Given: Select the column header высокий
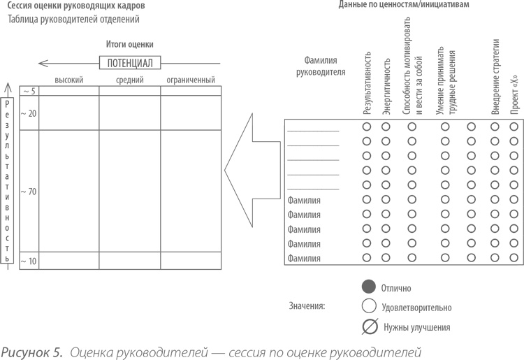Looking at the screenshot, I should tap(68, 80).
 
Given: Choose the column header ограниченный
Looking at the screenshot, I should tap(191, 80).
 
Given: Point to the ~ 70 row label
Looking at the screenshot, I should tap(29, 191).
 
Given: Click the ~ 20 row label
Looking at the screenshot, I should tap(29, 113).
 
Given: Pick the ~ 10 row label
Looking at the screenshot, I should tap(29, 261).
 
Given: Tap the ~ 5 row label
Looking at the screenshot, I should tap(29, 91).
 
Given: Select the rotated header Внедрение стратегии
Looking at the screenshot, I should tap(495, 80).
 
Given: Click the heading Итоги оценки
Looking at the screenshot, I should tap(130, 44).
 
